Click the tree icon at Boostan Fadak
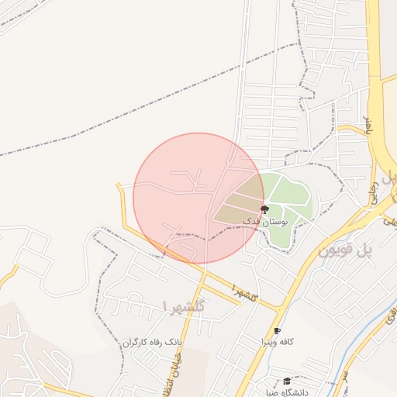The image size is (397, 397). tap(264, 209)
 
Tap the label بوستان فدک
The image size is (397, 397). tap(264, 222)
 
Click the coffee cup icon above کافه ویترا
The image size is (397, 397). tap(277, 331)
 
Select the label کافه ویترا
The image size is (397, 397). tap(277, 342)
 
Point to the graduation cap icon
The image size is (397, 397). tap(287, 381)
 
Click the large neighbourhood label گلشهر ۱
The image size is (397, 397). tap(186, 306)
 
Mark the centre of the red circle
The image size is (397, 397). tap(199, 198)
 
